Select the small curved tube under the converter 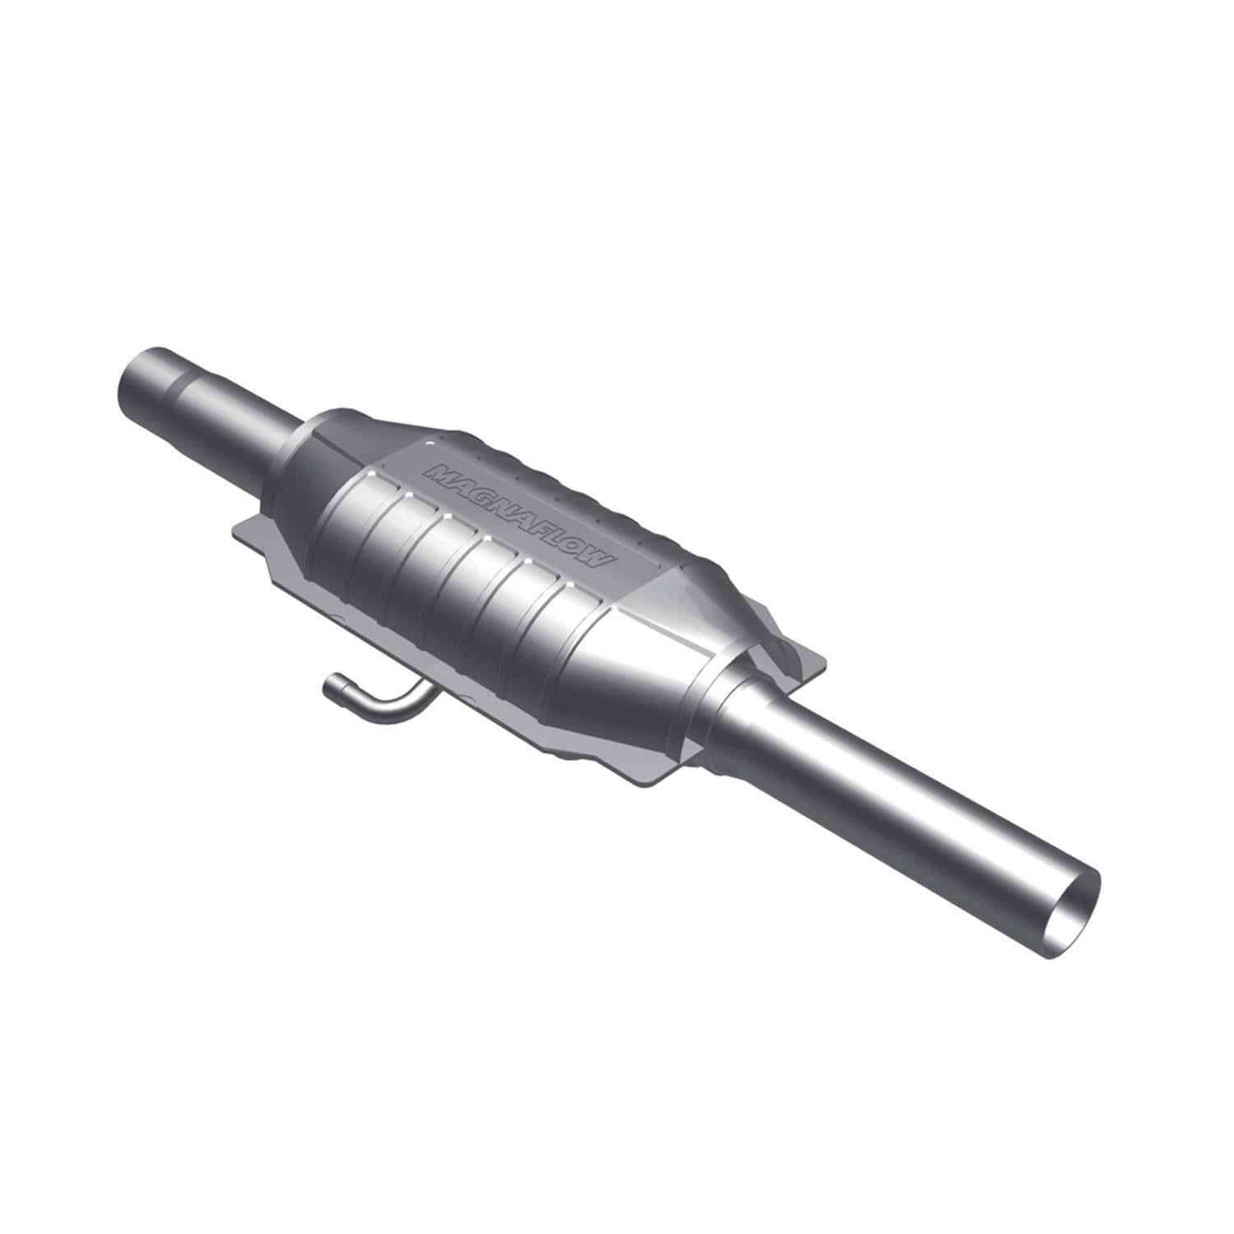378,700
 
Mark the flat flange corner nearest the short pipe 239,531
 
